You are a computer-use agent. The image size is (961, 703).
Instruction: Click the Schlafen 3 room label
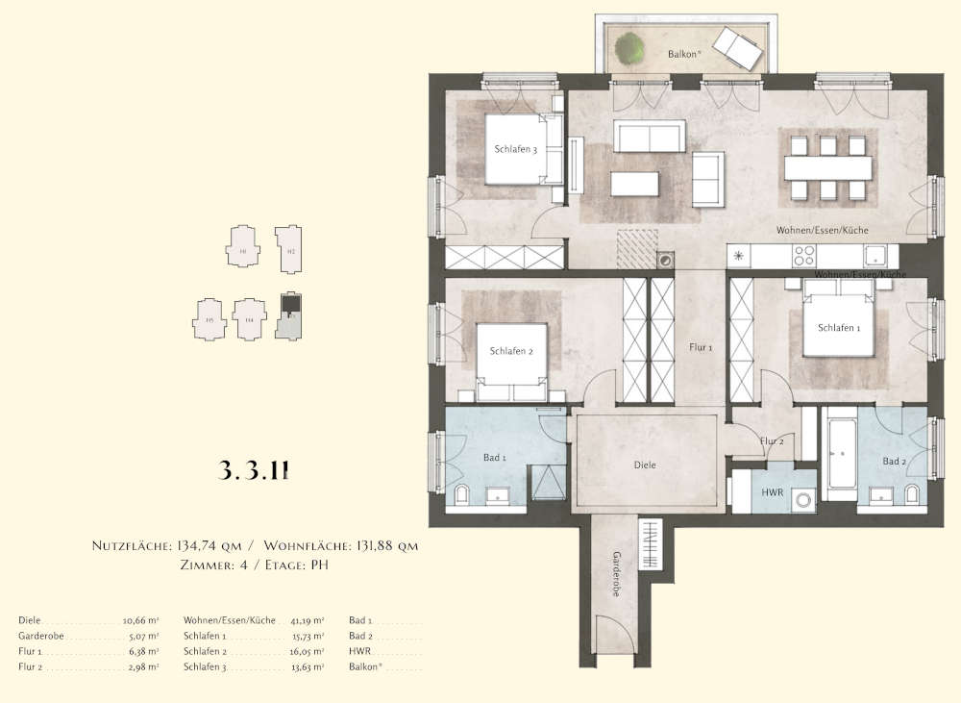(x=515, y=149)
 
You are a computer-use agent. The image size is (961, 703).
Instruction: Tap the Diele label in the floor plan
(x=645, y=464)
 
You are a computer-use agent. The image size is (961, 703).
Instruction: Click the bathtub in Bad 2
(x=843, y=452)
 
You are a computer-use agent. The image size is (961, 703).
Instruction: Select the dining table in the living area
(x=827, y=168)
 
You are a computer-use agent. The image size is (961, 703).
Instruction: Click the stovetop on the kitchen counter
(x=802, y=256)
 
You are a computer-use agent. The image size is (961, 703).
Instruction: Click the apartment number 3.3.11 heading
(x=255, y=471)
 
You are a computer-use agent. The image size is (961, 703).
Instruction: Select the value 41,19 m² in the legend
(x=308, y=620)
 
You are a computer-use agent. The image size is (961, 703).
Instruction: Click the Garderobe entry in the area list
(x=38, y=636)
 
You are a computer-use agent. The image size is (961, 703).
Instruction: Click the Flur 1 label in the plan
(x=701, y=347)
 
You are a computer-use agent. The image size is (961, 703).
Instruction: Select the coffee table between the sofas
(x=634, y=183)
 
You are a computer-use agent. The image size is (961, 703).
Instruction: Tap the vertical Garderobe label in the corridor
(x=616, y=574)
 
